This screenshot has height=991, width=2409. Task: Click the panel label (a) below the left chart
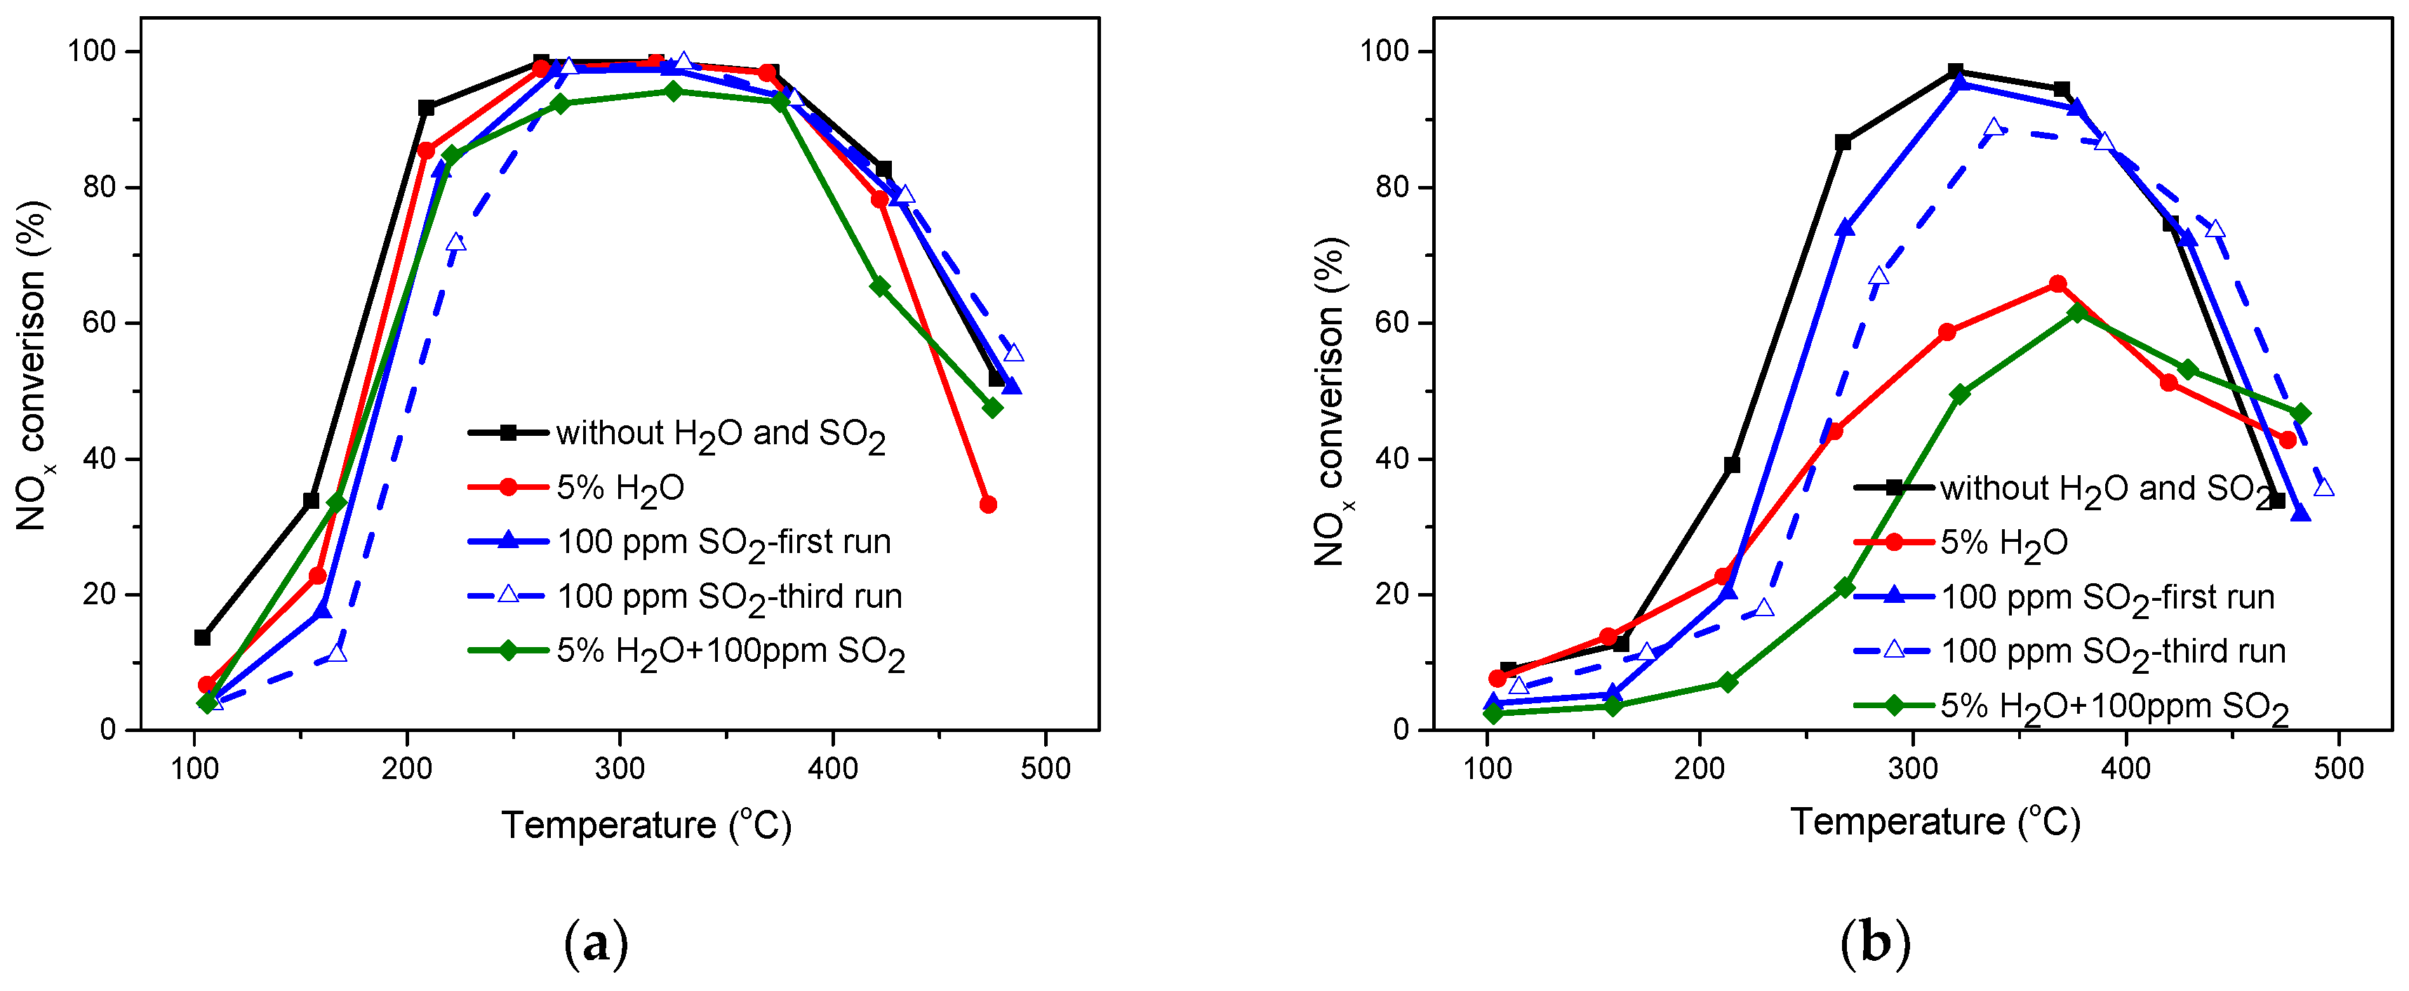click(596, 944)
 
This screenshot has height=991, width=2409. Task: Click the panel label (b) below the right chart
click(1875, 944)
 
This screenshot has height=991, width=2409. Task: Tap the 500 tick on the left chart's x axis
click(1046, 769)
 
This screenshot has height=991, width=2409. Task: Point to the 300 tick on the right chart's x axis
click(1912, 769)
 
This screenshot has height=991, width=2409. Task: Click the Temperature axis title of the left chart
click(646, 825)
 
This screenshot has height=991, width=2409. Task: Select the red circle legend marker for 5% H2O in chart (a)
click(508, 486)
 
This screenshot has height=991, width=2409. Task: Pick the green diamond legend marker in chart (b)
click(1894, 705)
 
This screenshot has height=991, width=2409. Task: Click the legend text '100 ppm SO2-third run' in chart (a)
click(729, 597)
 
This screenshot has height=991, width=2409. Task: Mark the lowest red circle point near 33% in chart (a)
click(987, 505)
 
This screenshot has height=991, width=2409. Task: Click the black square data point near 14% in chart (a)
click(202, 637)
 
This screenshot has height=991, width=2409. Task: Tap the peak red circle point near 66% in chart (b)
click(2057, 284)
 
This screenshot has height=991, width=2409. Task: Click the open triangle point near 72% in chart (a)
click(455, 243)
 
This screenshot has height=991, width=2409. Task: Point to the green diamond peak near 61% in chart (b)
click(2077, 313)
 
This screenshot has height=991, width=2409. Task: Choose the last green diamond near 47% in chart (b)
click(2300, 413)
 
